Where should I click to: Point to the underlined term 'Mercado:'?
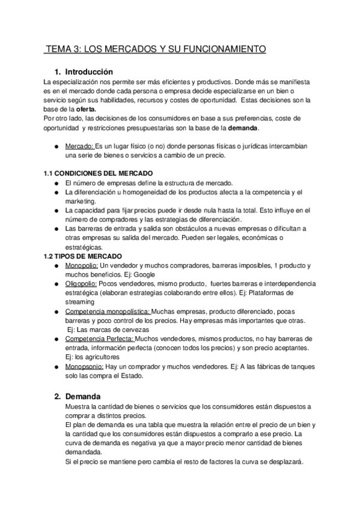pyautogui.click(x=79, y=146)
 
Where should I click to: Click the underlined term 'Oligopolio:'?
pyautogui.click(x=82, y=283)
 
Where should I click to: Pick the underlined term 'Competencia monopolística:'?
pyautogui.click(x=108, y=312)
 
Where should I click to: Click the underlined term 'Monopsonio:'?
pyautogui.click(x=84, y=367)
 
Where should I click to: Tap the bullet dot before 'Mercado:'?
pyautogui.click(x=56, y=146)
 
